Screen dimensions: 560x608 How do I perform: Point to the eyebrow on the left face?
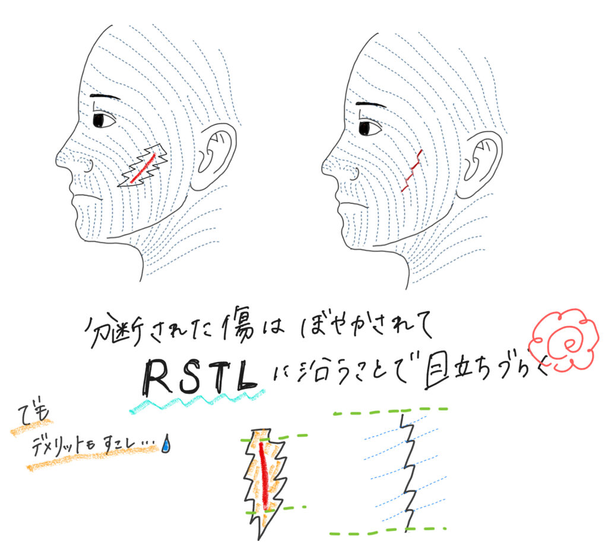[x=105, y=97]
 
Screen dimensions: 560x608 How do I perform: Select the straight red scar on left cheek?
[x=143, y=168]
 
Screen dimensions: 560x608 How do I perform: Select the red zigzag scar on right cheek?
[x=411, y=171]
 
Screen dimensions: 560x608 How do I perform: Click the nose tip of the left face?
[x=59, y=158]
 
